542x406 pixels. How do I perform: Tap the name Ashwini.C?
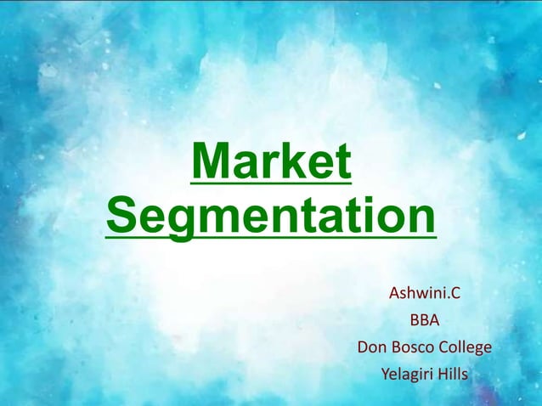(x=424, y=295)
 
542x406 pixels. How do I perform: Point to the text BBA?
(x=425, y=321)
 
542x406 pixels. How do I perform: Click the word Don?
(x=372, y=347)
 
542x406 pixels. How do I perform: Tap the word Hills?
(x=452, y=374)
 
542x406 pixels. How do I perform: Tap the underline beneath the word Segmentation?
(x=271, y=237)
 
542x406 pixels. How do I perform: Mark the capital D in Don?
(x=364, y=347)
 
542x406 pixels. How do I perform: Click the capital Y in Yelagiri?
(x=386, y=374)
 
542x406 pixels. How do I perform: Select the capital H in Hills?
(x=440, y=374)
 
